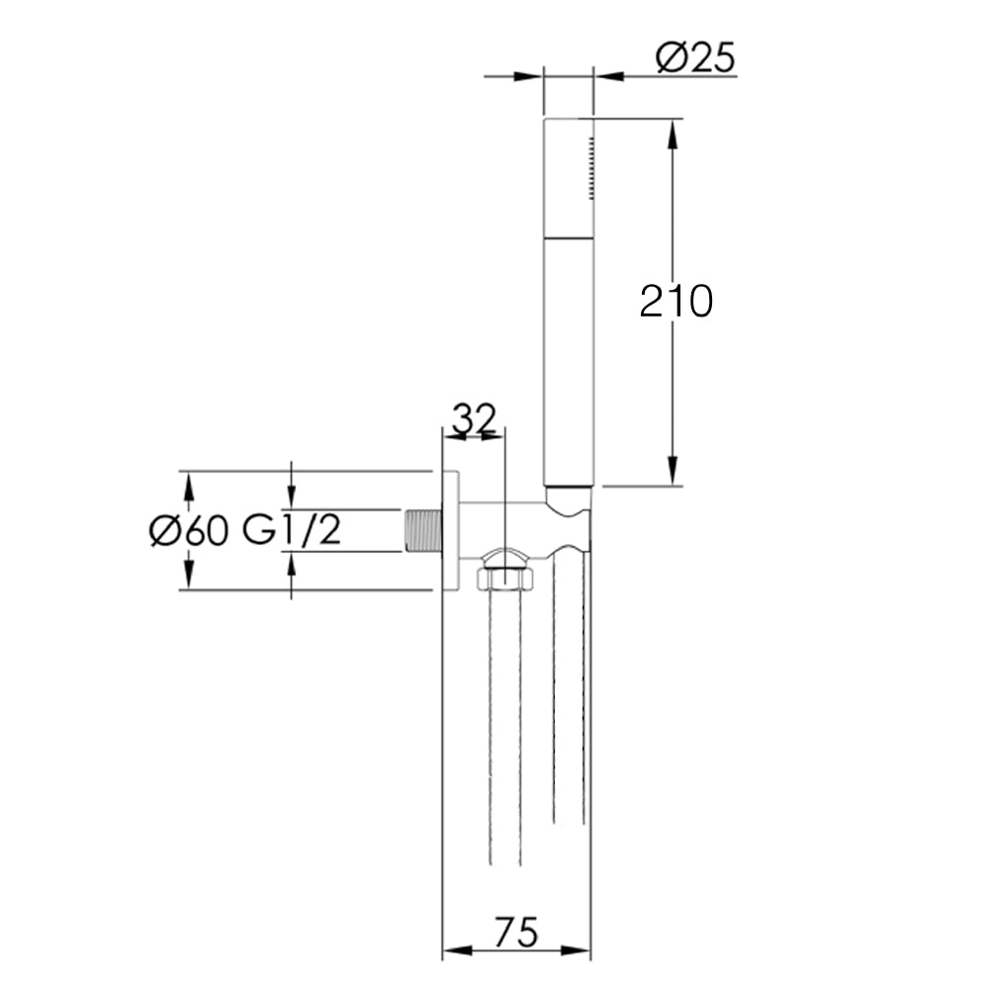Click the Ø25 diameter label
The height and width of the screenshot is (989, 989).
pyautogui.click(x=696, y=59)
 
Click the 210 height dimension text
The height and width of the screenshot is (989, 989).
pyautogui.click(x=675, y=301)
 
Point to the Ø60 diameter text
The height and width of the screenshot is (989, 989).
pyautogui.click(x=189, y=531)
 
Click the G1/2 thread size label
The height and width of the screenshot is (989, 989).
pyautogui.click(x=292, y=531)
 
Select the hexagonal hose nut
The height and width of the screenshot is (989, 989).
pyautogui.click(x=505, y=577)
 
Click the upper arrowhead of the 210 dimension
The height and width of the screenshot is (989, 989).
pyautogui.click(x=674, y=135)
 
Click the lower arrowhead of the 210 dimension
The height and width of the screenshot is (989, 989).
pyautogui.click(x=674, y=471)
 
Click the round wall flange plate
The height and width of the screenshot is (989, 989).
pyautogui.click(x=450, y=531)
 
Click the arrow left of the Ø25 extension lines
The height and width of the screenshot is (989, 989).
pyautogui.click(x=530, y=75)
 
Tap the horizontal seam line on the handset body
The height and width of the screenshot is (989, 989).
pyautogui.click(x=568, y=236)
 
